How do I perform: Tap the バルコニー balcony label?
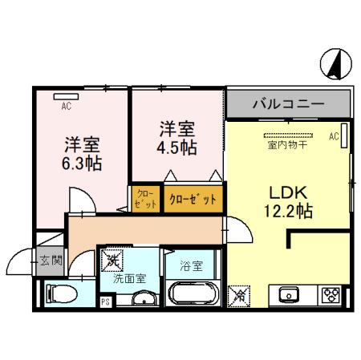click(x=288, y=104)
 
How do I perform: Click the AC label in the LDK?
click(x=334, y=137)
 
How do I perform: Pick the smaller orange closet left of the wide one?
click(x=145, y=198)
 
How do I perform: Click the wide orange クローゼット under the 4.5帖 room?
click(x=193, y=198)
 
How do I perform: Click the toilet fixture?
click(x=59, y=293)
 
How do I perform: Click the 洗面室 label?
click(x=128, y=280)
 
